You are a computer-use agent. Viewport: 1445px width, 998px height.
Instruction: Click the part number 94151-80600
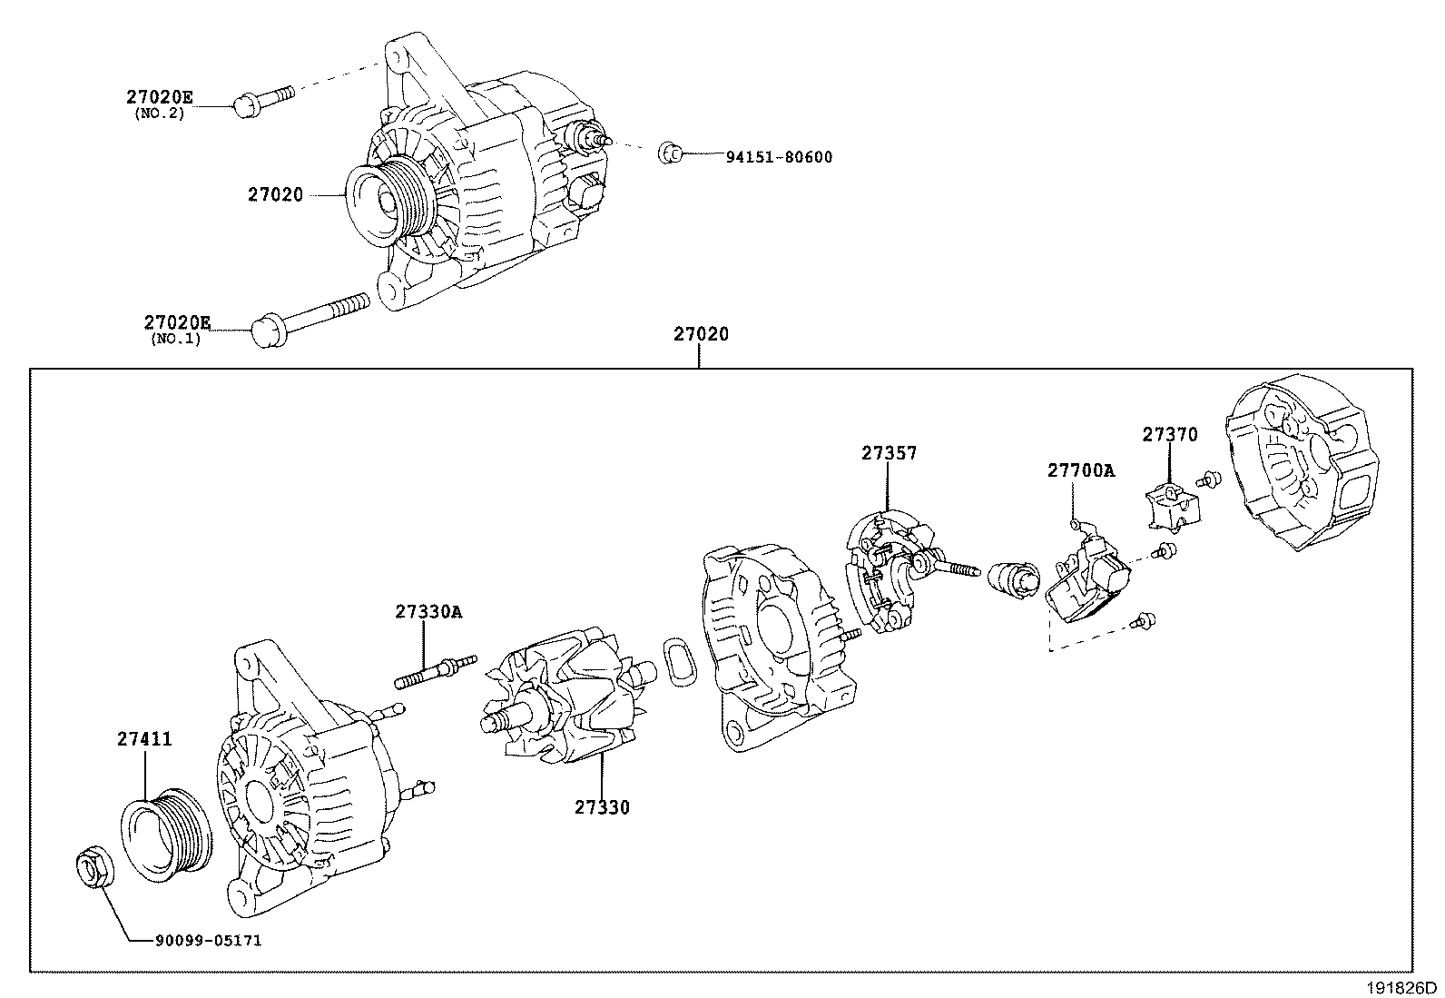click(x=779, y=156)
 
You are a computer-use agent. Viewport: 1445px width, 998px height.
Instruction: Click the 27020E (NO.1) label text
click(x=176, y=322)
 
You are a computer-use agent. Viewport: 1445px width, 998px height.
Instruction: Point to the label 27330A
click(x=428, y=611)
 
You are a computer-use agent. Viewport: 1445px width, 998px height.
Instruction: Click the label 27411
click(x=144, y=739)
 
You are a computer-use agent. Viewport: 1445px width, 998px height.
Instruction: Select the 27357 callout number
click(x=890, y=452)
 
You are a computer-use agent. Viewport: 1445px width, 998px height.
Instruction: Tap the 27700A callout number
click(x=1081, y=470)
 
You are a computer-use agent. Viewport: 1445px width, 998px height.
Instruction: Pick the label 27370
click(x=1169, y=435)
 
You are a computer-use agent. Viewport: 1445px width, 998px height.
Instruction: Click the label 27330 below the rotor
click(x=602, y=806)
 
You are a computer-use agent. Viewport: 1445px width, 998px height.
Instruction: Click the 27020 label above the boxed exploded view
click(x=701, y=334)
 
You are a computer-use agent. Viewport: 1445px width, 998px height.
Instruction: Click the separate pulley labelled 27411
click(x=165, y=835)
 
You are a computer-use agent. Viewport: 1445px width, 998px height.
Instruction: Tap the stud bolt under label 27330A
click(x=436, y=673)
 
